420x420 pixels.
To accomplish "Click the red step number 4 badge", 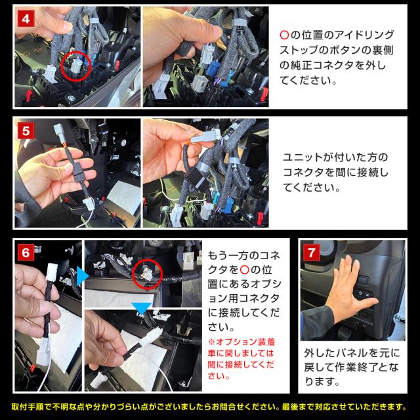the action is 26,18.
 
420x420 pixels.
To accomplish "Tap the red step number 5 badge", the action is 26,131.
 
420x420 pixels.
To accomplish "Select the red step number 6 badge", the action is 26,252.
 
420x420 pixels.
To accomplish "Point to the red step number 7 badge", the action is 312,252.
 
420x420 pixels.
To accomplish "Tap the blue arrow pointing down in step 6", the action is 142,308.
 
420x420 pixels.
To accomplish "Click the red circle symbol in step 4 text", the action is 284,35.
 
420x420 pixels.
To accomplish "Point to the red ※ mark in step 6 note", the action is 211,342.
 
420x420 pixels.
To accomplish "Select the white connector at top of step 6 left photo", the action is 51,272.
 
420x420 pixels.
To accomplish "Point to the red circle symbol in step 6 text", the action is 245,270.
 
